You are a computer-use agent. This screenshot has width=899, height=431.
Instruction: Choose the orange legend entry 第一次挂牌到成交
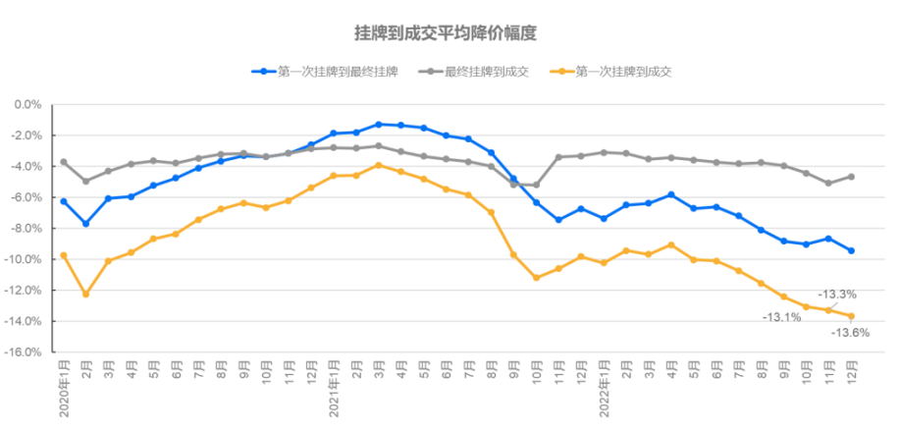622,71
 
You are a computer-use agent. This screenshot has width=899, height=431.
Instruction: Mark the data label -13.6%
850,333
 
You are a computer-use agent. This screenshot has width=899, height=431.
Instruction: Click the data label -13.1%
782,316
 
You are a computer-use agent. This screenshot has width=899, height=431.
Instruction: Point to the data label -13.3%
838,294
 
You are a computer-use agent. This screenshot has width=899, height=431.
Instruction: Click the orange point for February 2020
86,294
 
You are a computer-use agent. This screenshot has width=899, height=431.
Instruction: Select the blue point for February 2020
86,224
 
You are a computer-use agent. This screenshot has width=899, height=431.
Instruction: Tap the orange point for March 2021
379,165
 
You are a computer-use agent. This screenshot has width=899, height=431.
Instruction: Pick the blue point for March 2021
379,125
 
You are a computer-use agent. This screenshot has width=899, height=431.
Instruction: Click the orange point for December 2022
851,315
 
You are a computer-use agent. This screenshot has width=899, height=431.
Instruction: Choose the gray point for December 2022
851,177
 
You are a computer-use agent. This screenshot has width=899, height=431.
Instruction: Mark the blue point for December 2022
851,250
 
